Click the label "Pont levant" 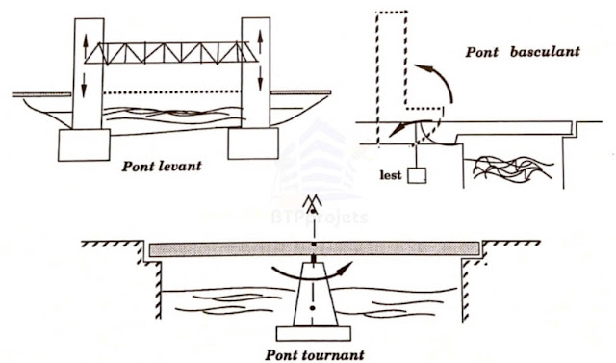(162, 167)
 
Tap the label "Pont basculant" (523, 52)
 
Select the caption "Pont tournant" (315, 355)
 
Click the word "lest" (391, 175)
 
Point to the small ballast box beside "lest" (417, 175)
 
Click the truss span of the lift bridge (171, 53)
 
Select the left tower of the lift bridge (89, 73)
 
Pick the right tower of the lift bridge (256, 72)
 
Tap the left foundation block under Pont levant (84, 145)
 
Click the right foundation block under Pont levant (253, 143)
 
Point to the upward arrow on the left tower (86, 47)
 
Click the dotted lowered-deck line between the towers (172, 92)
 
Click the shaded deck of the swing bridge (315, 249)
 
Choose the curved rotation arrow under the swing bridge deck (310, 275)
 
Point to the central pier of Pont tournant (315, 295)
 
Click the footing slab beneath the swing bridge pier (314, 333)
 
